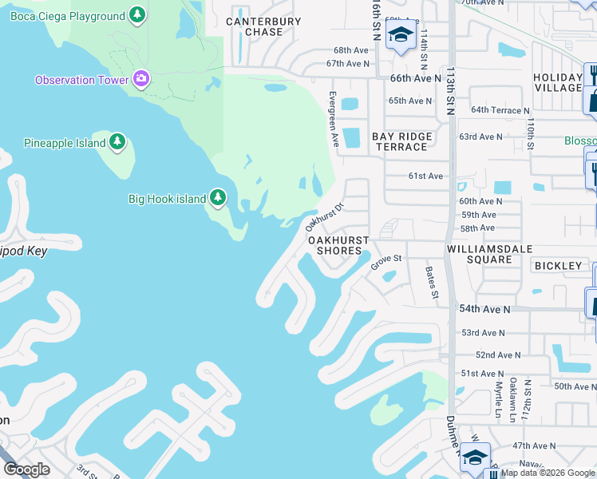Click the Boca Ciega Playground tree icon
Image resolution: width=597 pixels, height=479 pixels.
click(x=138, y=15)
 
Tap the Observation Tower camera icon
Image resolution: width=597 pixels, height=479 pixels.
click(x=141, y=78)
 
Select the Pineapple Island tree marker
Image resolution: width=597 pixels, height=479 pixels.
click(x=117, y=142)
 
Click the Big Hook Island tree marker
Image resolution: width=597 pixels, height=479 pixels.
click(x=219, y=198)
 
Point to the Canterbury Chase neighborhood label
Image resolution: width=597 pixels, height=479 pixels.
click(x=263, y=27)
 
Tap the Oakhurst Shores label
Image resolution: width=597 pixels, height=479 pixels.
click(x=338, y=245)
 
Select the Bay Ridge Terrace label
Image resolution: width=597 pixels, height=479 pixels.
click(x=401, y=141)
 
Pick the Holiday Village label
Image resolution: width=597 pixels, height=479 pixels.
click(x=558, y=82)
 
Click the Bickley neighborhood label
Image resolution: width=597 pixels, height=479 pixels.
click(x=559, y=265)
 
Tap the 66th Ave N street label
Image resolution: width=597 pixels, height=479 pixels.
click(x=415, y=78)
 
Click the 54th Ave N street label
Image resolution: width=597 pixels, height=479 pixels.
click(x=485, y=308)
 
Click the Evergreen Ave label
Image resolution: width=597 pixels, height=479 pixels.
click(x=334, y=118)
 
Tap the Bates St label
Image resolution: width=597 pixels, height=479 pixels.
click(x=432, y=283)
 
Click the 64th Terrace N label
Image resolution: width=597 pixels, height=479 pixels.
click(x=500, y=110)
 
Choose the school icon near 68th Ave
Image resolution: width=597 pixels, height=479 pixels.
click(x=400, y=34)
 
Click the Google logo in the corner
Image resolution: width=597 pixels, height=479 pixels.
click(x=27, y=469)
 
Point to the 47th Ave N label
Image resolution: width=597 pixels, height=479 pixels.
click(x=534, y=445)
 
